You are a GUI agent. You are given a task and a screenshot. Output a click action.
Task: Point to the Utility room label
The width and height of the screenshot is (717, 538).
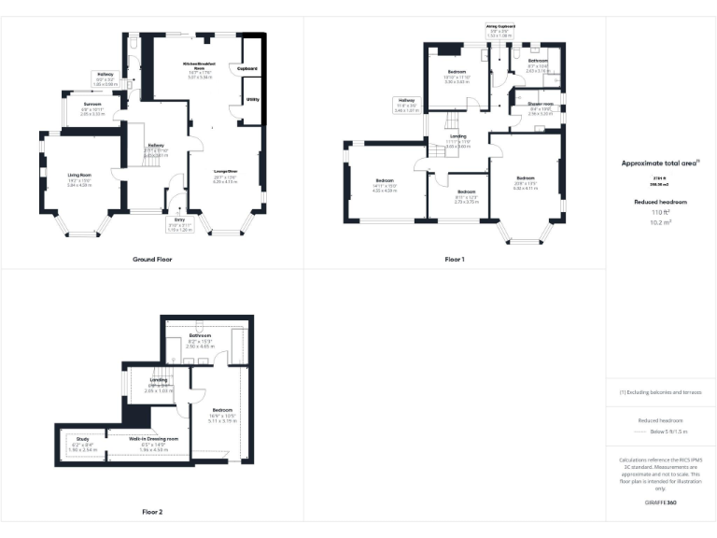pos(253,98)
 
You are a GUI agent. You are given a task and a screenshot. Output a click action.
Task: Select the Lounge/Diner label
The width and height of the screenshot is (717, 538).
pos(226,171)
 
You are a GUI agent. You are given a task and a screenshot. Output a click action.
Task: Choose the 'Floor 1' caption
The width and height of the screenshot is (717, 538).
pos(454,259)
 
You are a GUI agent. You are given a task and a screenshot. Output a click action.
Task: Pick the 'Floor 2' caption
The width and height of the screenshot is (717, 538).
pos(151,512)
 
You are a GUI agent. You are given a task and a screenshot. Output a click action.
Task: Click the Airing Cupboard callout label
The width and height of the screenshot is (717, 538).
pos(500,27)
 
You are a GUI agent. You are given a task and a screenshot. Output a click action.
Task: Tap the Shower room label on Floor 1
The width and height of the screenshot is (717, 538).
pos(541,104)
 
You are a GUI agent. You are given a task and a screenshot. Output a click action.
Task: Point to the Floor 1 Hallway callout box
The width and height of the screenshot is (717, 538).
pos(407,105)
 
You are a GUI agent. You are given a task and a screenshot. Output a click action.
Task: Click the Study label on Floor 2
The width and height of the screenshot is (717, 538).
pos(82,438)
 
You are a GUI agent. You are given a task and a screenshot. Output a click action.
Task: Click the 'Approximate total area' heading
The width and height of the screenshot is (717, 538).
pos(657,163)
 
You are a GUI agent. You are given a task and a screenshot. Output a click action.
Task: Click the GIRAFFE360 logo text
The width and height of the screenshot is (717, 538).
pos(660,503)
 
